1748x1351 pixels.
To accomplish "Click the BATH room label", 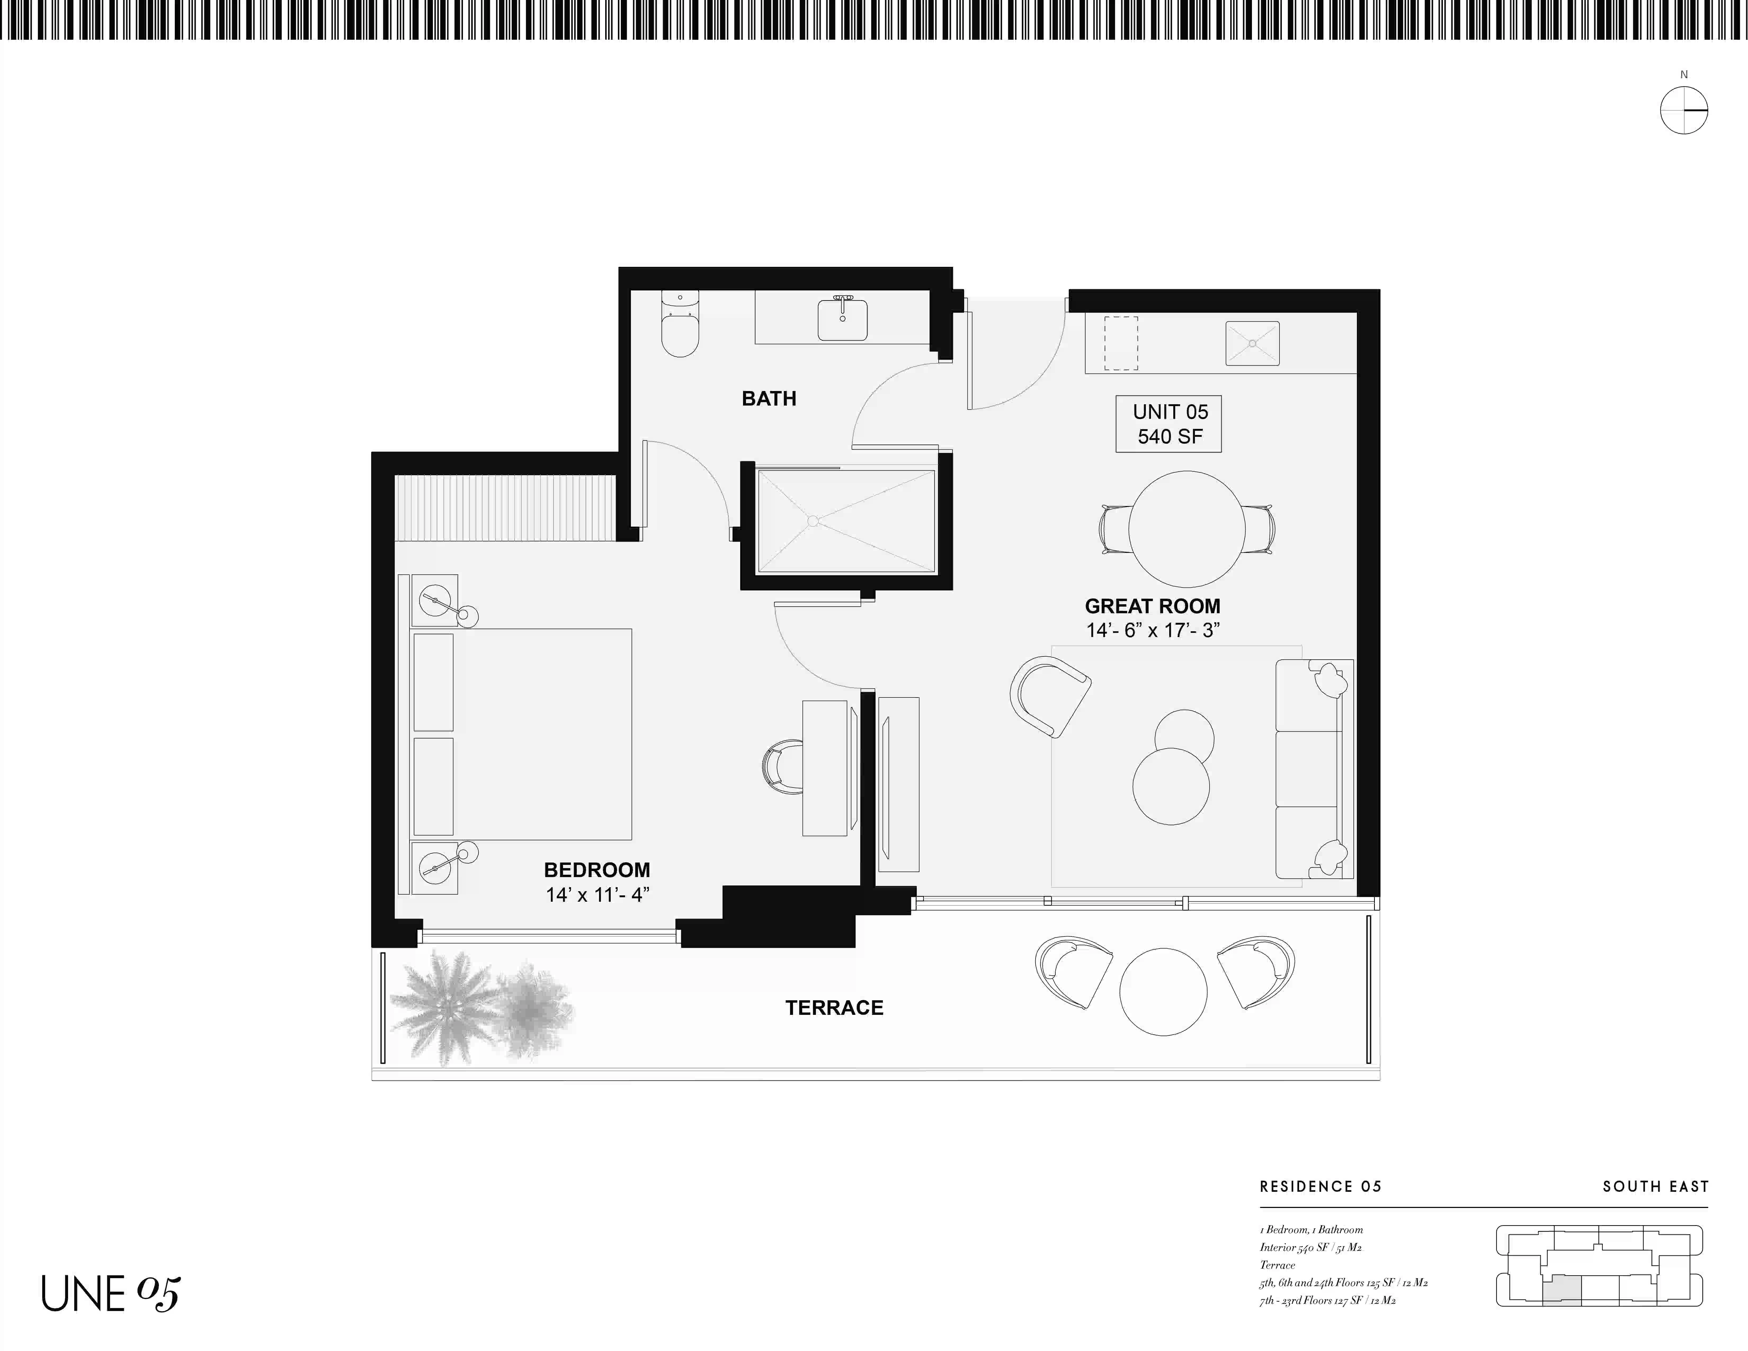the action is coord(768,399).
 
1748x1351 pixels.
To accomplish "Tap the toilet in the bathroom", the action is coord(680,323).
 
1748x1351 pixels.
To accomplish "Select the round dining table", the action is coord(1187,529).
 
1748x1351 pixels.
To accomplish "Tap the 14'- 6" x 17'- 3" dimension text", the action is coord(1153,631).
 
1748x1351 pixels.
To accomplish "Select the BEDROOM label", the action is coord(597,870).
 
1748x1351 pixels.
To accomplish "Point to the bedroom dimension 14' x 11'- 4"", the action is coord(597,895).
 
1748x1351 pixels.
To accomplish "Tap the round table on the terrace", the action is coord(1163,992).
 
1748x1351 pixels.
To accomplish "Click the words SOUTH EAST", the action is coord(1655,1186).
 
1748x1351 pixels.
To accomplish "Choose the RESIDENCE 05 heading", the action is coord(1321,1186).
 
